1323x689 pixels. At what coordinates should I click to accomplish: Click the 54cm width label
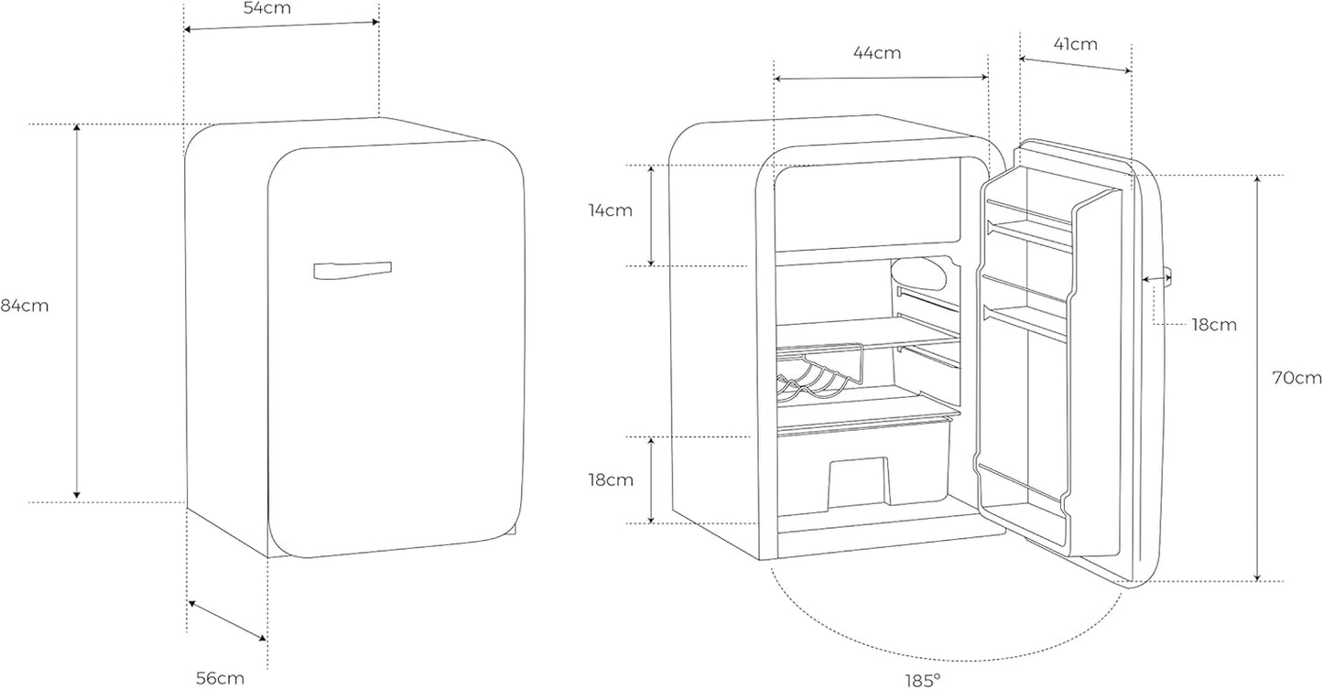pyautogui.click(x=267, y=7)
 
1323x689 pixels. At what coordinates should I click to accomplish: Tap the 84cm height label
pyautogui.click(x=24, y=306)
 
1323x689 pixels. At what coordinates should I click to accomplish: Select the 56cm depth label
pyautogui.click(x=220, y=678)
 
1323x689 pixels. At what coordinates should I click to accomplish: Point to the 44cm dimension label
pyautogui.click(x=877, y=53)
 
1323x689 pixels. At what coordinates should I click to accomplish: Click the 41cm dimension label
pyautogui.click(x=1076, y=44)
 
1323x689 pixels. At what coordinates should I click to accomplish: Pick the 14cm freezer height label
pyautogui.click(x=610, y=210)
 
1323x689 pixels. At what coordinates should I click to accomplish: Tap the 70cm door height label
pyautogui.click(x=1297, y=378)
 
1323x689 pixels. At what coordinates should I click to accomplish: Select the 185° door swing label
pyautogui.click(x=923, y=680)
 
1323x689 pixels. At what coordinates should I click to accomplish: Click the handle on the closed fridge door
pyautogui.click(x=352, y=270)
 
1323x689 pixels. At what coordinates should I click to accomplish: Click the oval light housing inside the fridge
pyautogui.click(x=919, y=274)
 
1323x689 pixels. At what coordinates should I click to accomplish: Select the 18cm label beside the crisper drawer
pyautogui.click(x=611, y=480)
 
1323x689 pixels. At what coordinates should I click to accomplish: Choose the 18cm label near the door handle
pyautogui.click(x=1214, y=325)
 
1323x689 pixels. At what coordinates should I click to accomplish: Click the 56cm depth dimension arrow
pyautogui.click(x=227, y=620)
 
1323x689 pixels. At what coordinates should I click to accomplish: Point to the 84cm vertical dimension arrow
pyautogui.click(x=77, y=311)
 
